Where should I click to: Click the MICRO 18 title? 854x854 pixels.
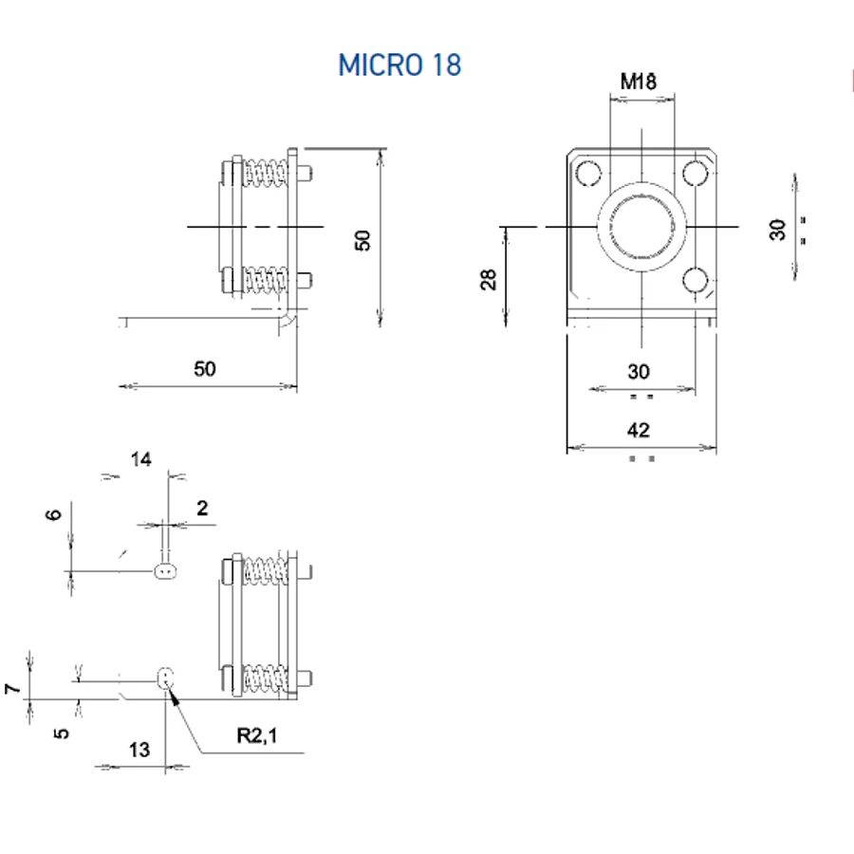click(399, 65)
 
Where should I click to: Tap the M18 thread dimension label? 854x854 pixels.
click(639, 82)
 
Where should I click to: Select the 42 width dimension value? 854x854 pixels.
click(639, 430)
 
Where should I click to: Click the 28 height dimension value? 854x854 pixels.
click(489, 279)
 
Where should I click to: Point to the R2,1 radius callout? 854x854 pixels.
click(257, 735)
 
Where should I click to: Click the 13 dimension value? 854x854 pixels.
click(139, 750)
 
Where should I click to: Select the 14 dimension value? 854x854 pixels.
click(141, 459)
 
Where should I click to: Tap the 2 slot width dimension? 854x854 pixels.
click(202, 509)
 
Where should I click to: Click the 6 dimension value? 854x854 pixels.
click(53, 514)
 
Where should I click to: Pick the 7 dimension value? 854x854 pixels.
click(12, 689)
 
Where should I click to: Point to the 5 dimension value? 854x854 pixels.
click(62, 733)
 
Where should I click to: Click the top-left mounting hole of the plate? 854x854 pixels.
click(588, 174)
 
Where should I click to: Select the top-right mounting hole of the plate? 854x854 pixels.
click(695, 174)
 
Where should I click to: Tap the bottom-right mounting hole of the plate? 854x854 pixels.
click(695, 281)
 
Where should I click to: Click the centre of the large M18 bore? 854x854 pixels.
click(641, 227)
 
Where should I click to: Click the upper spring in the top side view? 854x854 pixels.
click(265, 174)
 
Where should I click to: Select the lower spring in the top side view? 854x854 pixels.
click(265, 280)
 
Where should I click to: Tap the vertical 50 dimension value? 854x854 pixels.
click(362, 240)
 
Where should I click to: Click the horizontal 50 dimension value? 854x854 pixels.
click(205, 369)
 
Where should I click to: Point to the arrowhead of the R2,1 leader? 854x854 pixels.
click(170, 691)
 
